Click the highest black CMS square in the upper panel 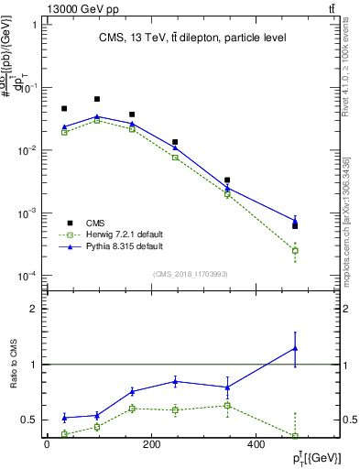[97, 99]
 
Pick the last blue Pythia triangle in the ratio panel [295, 348]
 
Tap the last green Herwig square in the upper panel [295, 250]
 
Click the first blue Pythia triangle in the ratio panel [64, 418]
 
